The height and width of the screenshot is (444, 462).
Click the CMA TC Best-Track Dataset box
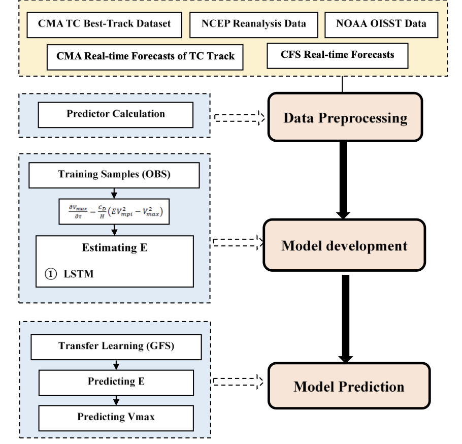(x=104, y=24)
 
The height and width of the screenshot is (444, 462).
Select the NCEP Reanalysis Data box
(x=254, y=24)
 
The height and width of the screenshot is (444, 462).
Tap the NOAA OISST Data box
(x=381, y=24)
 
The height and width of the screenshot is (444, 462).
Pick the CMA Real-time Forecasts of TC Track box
(x=145, y=56)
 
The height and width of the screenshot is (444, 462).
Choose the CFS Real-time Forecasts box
(x=338, y=55)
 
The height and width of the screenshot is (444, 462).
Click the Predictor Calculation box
(x=116, y=114)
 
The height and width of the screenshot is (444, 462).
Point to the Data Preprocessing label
(x=345, y=118)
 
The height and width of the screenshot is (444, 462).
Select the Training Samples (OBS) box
(x=114, y=175)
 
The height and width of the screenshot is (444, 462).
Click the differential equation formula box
(x=114, y=211)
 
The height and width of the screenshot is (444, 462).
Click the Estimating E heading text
(x=114, y=248)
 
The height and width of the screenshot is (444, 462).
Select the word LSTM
(x=79, y=274)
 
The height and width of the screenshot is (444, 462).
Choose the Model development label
(x=344, y=246)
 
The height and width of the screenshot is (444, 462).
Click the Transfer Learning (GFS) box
(x=116, y=346)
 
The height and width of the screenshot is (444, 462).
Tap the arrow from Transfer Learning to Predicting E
(x=116, y=365)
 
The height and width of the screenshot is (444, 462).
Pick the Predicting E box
(x=116, y=381)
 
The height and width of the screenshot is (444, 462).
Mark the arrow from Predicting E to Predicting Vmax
(x=116, y=401)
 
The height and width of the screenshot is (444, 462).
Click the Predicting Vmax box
(x=116, y=417)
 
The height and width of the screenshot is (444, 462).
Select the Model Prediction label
(x=349, y=386)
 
